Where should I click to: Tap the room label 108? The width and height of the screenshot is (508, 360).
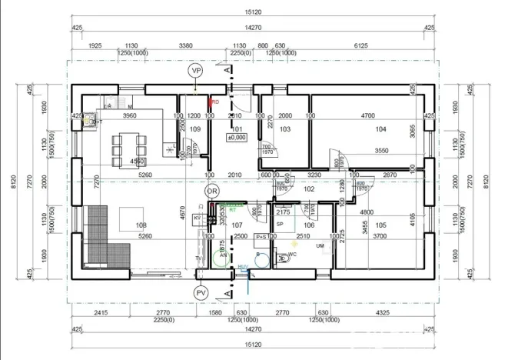pyautogui.click(x=140, y=225)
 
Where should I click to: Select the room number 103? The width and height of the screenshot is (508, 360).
pyautogui.click(x=284, y=130)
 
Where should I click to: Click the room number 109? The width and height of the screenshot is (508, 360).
pyautogui.click(x=194, y=129)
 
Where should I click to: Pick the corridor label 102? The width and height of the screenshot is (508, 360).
pyautogui.click(x=309, y=188)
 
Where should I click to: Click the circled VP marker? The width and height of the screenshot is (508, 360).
pyautogui.click(x=196, y=71)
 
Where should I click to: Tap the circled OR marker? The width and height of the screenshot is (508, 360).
pyautogui.click(x=212, y=191)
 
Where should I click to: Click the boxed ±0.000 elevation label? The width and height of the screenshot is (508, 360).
pyautogui.click(x=235, y=138)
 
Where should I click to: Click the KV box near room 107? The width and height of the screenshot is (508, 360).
pyautogui.click(x=197, y=218)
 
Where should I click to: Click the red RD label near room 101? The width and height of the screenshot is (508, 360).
pyautogui.click(x=215, y=101)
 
